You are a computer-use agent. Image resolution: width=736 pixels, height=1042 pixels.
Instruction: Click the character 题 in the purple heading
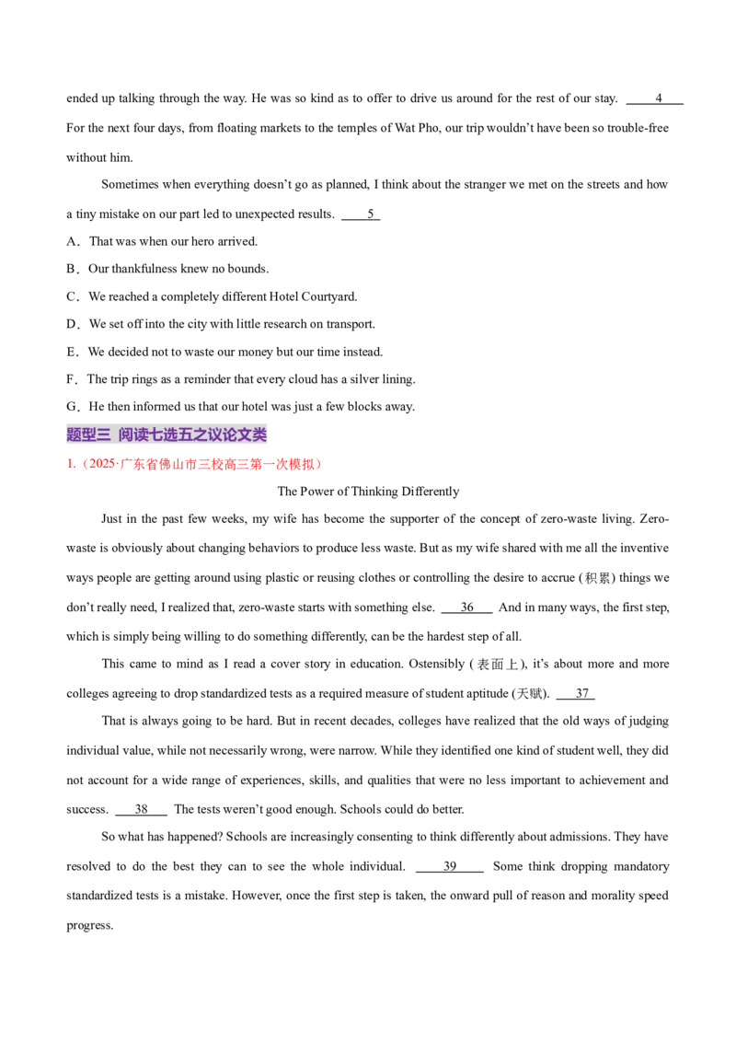[75, 434]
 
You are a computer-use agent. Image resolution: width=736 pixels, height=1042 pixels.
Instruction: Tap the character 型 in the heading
[88, 434]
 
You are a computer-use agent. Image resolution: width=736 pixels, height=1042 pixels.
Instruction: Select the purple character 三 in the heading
[103, 434]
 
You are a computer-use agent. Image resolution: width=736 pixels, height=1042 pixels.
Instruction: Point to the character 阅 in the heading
[126, 434]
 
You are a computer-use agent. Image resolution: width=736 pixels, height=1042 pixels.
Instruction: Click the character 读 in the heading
[141, 434]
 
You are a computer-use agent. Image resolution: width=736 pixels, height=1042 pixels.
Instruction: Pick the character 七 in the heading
[155, 434]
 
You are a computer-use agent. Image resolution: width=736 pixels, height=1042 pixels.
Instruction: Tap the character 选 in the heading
[170, 434]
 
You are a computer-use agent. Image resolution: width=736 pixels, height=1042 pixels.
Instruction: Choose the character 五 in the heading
[185, 434]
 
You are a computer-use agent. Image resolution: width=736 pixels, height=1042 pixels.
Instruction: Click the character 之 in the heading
[200, 434]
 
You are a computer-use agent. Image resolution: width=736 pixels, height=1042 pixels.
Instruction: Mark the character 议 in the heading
[214, 434]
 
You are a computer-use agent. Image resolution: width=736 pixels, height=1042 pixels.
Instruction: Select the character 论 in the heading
[229, 434]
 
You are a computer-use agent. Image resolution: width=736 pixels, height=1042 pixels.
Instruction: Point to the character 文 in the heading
[244, 434]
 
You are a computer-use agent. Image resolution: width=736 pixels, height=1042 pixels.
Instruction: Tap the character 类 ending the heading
[259, 434]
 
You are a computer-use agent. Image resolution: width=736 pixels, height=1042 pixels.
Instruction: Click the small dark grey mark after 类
[269, 440]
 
